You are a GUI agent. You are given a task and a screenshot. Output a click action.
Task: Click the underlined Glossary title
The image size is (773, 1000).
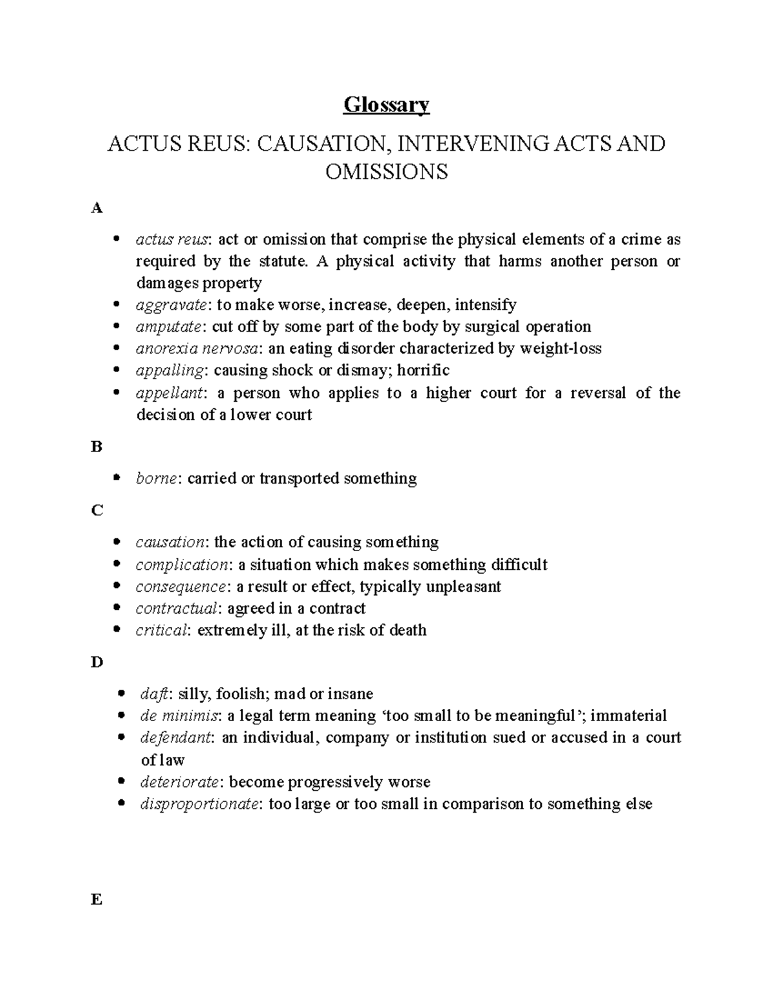pos(386,104)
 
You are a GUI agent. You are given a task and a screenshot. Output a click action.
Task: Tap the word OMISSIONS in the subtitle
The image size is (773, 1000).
pos(386,172)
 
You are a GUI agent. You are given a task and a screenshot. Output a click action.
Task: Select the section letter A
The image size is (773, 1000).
pos(97,208)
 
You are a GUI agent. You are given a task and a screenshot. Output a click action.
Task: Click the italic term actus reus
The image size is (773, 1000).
pos(172,240)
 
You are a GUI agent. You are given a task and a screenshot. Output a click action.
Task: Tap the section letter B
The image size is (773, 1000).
pos(97,446)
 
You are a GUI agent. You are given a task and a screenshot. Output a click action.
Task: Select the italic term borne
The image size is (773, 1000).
pos(156,478)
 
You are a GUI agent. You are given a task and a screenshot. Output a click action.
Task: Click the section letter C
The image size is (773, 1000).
pos(97,511)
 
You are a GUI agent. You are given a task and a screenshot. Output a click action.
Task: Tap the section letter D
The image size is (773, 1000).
pos(97,662)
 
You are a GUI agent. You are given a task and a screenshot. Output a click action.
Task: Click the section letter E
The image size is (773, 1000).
pos(97,900)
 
